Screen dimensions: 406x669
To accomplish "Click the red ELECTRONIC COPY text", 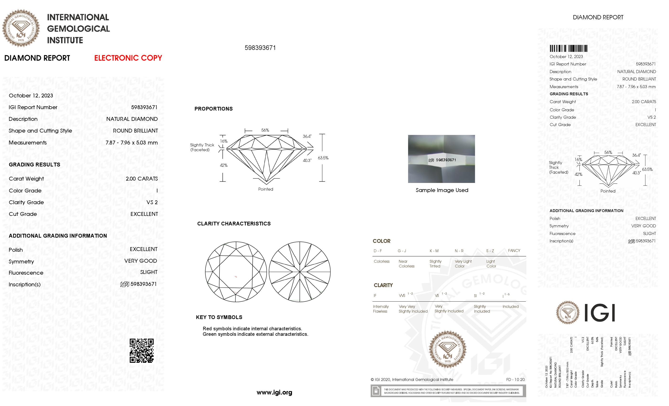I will pyautogui.click(x=128, y=58).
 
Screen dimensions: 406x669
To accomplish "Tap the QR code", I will pyautogui.click(x=141, y=350).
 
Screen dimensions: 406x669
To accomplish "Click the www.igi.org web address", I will pyautogui.click(x=274, y=392).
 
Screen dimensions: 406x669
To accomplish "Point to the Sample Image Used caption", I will pyautogui.click(x=442, y=190).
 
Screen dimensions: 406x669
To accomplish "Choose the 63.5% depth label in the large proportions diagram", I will pyautogui.click(x=323, y=158).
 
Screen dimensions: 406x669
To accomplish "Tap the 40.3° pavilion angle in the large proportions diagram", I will pyautogui.click(x=307, y=160).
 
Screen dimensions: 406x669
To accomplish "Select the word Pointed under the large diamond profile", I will pyautogui.click(x=265, y=189).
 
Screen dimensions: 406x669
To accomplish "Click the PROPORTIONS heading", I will pyautogui.click(x=213, y=109).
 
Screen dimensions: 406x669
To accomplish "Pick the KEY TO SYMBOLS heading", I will pyautogui.click(x=219, y=317).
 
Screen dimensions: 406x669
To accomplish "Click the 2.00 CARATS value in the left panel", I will pyautogui.click(x=141, y=179).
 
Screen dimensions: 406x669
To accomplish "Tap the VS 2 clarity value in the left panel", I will pyautogui.click(x=152, y=202).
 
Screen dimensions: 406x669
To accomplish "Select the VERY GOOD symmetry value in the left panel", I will pyautogui.click(x=141, y=261).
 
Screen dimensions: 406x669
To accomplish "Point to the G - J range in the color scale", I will pyautogui.click(x=402, y=251).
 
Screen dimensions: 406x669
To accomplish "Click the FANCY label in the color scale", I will pyautogui.click(x=514, y=251).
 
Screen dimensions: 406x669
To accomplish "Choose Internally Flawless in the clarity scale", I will pyautogui.click(x=381, y=309).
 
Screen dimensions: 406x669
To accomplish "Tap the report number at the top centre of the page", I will pyautogui.click(x=260, y=48).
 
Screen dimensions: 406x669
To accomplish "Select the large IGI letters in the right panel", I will pyautogui.click(x=599, y=313).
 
